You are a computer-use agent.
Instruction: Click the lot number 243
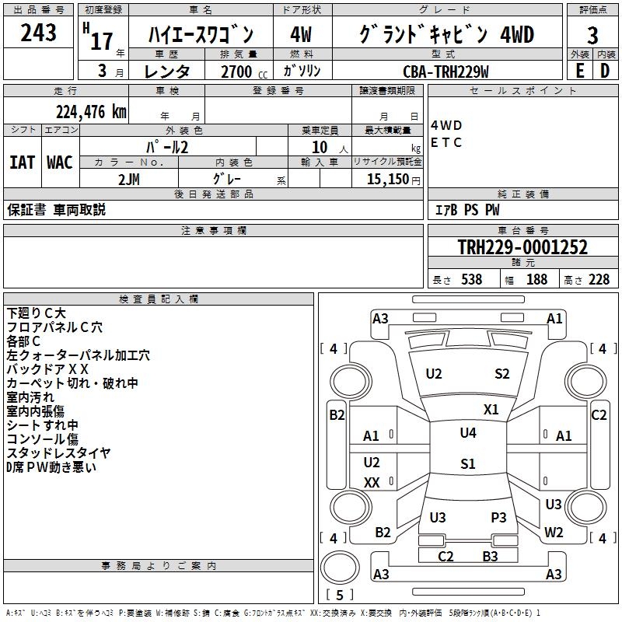pyautogui.click(x=38, y=33)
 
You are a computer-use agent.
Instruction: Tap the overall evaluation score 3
pyautogui.click(x=592, y=35)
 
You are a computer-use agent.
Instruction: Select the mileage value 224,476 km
pyautogui.click(x=91, y=111)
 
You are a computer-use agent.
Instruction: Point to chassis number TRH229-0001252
pyautogui.click(x=522, y=247)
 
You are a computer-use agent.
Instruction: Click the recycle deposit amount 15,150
pyautogui.click(x=386, y=179)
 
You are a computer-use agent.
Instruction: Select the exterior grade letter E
pyautogui.click(x=579, y=71)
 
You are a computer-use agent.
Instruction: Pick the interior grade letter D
pyautogui.click(x=605, y=71)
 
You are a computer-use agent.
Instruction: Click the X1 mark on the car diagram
pyautogui.click(x=491, y=409)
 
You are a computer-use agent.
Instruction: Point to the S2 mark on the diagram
pyautogui.click(x=502, y=374)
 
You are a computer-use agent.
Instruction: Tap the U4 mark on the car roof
pyautogui.click(x=467, y=433)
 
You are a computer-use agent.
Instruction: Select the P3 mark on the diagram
pyautogui.click(x=498, y=517)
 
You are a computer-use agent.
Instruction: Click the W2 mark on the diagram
pyautogui.click(x=554, y=533)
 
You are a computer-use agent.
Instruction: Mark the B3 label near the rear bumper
pyautogui.click(x=490, y=556)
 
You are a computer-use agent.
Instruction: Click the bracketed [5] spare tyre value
pyautogui.click(x=339, y=595)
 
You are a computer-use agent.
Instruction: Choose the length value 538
pyautogui.click(x=471, y=279)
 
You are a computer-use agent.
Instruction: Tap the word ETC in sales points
pyautogui.click(x=446, y=142)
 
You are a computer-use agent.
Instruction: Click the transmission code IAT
pyautogui.click(x=22, y=162)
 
